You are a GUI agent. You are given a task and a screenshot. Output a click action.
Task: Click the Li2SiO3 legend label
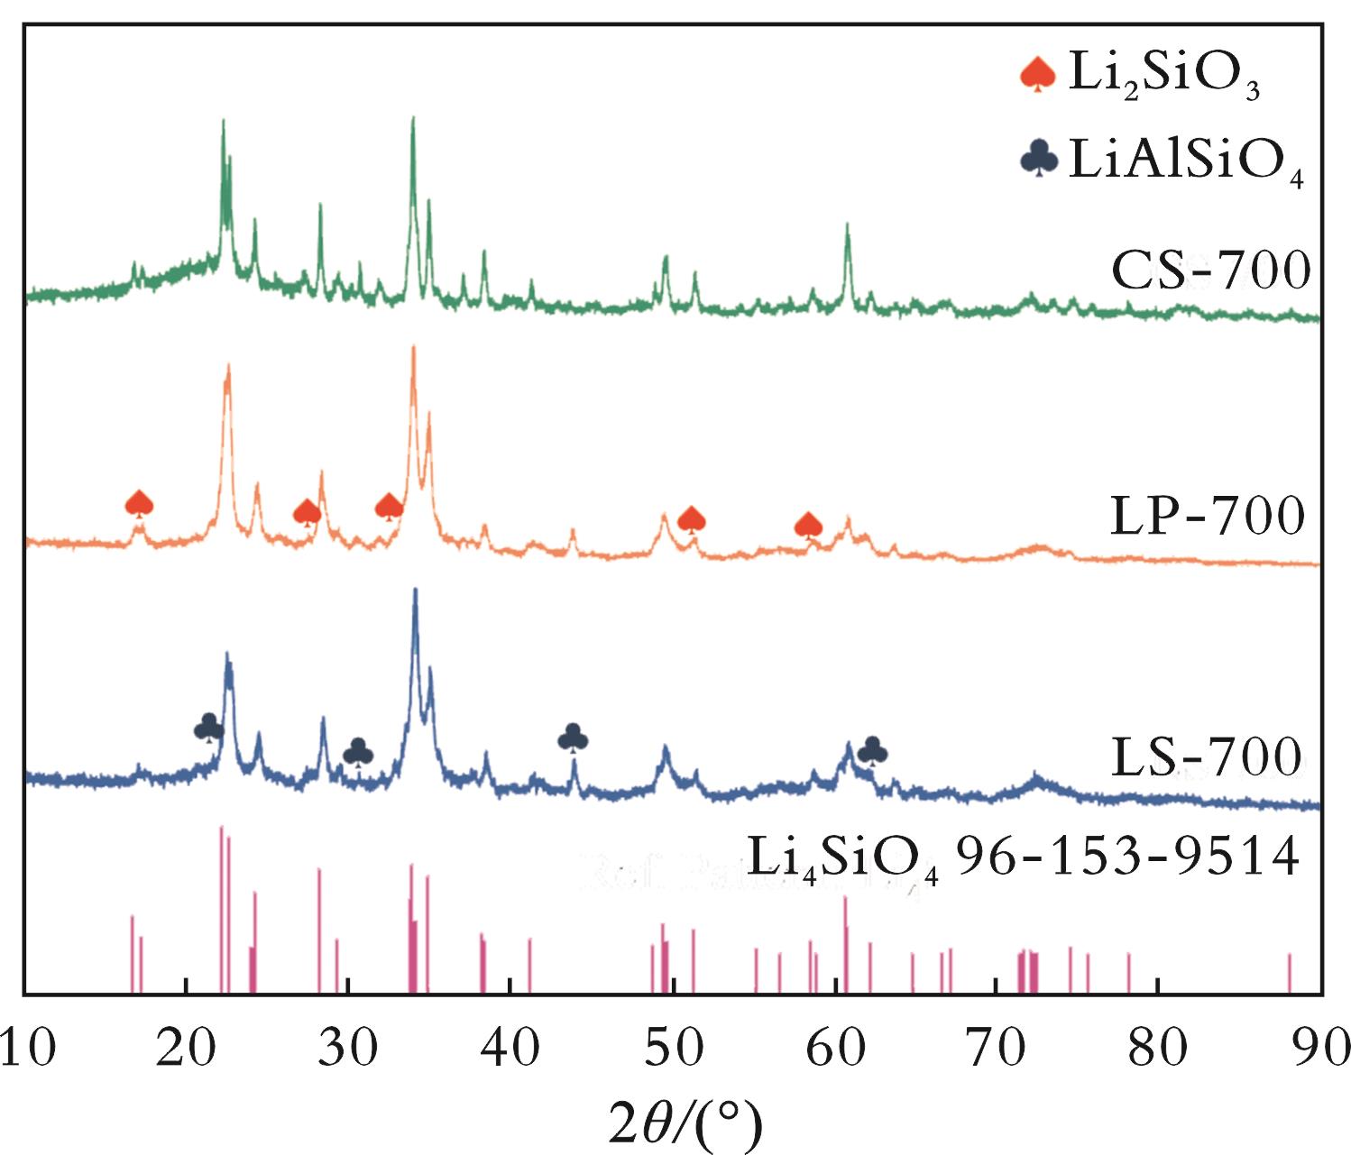point(1163,74)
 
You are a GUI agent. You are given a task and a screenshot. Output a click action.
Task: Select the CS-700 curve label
point(1209,270)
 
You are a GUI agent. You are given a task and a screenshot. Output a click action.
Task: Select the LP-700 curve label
point(1207,516)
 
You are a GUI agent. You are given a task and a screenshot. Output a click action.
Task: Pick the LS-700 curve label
point(1207,757)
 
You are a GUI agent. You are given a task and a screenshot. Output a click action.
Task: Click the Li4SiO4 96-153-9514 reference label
point(1024,857)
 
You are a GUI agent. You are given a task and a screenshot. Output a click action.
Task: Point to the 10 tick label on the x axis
point(27,1049)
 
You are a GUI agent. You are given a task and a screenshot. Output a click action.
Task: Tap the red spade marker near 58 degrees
point(809,525)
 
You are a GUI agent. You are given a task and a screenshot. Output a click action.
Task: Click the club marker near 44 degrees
point(574,738)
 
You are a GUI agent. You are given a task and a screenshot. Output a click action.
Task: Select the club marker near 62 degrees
point(872,749)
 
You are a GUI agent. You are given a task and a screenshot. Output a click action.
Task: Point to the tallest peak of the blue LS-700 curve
point(415,591)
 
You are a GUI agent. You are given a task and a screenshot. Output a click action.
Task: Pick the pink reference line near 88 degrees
point(1290,972)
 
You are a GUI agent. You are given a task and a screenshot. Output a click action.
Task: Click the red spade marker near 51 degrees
point(692,518)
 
